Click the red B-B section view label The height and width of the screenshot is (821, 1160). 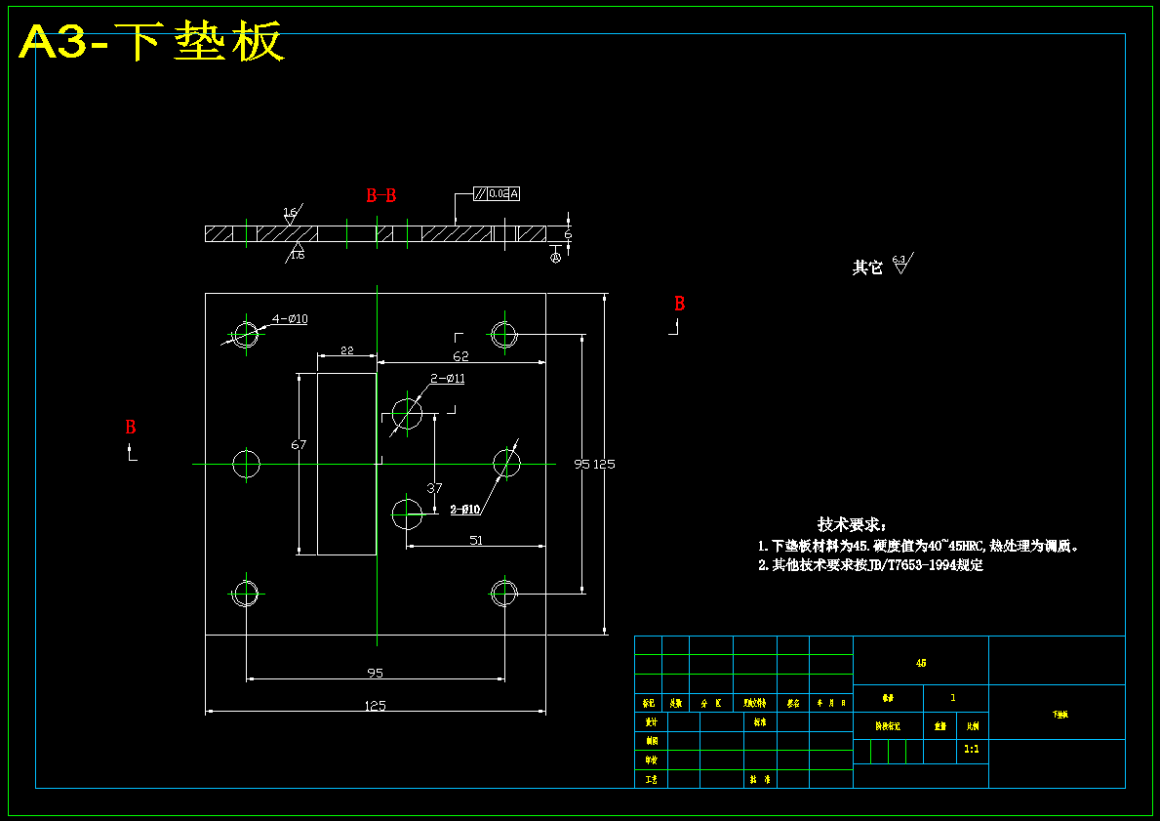[380, 195]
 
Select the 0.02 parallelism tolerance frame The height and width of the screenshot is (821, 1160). [497, 193]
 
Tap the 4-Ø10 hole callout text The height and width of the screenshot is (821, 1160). [290, 318]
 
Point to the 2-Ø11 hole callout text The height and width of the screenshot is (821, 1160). [448, 379]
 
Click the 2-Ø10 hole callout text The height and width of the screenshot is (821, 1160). [464, 510]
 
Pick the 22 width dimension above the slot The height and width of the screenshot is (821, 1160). [346, 350]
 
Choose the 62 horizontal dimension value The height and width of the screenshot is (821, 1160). [460, 356]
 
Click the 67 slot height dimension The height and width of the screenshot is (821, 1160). [299, 445]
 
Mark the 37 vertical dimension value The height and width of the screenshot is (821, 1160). [435, 488]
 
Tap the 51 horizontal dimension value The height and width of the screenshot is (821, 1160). [476, 540]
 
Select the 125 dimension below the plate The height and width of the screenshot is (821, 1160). [375, 705]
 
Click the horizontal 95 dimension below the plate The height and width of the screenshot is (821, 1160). [375, 672]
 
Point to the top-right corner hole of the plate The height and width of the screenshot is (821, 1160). [503, 334]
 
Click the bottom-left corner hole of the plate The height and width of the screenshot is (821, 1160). [245, 592]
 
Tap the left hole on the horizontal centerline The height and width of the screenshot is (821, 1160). [246, 464]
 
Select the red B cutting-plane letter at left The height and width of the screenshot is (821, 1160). [130, 428]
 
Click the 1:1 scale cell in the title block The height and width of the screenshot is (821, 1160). [972, 750]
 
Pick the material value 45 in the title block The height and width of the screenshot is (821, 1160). [921, 664]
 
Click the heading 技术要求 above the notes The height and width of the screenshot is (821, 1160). [851, 525]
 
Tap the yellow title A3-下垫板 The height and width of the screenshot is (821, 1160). [151, 42]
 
